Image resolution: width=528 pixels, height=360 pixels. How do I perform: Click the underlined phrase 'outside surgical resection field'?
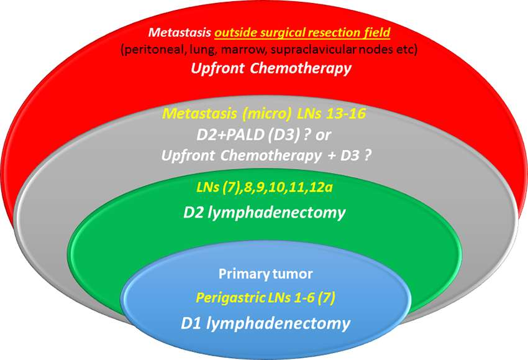coord(302,32)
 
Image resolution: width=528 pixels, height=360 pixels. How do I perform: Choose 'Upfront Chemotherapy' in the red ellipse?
coord(271,68)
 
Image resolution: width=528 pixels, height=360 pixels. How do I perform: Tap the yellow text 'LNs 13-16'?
coord(331,114)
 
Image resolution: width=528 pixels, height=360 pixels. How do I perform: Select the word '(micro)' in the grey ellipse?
coord(266,114)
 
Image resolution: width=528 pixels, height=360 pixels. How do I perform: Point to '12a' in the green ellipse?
coord(322,187)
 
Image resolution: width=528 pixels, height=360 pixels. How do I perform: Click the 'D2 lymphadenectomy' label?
coord(265,213)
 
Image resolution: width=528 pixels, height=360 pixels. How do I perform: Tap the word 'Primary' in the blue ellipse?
coord(239,274)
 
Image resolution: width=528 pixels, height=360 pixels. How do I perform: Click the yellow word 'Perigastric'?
coord(230,298)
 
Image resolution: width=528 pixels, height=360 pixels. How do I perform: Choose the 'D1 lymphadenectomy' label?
coord(265,323)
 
